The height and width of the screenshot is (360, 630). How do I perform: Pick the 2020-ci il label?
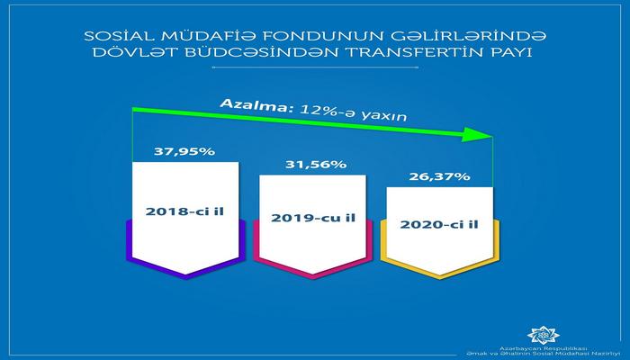(438, 224)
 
